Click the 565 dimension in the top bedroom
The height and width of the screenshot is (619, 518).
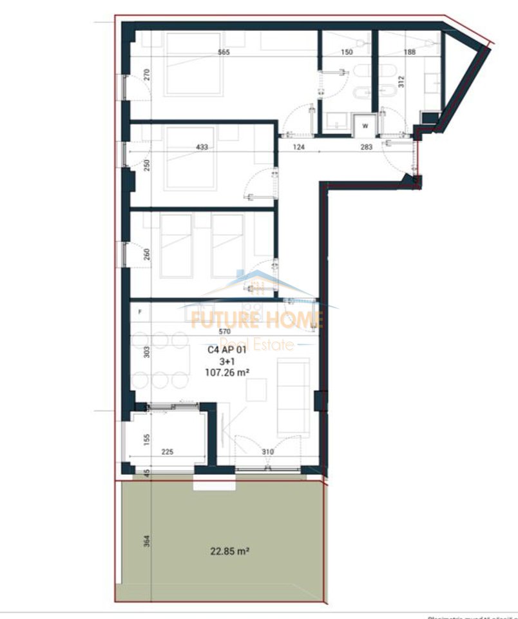point(224,52)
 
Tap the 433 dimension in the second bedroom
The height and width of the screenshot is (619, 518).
point(202,147)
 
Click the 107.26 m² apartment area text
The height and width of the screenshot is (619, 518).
point(227,372)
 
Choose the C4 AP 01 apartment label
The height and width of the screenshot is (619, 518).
point(227,350)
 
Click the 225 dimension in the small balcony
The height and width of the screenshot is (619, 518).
point(167,452)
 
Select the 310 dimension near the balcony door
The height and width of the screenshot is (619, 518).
point(268,452)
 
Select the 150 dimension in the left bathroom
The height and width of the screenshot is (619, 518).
point(347,52)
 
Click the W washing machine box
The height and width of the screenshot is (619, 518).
point(365,125)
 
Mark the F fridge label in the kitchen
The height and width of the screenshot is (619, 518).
point(140,311)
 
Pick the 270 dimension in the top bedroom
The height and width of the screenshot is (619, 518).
point(146,74)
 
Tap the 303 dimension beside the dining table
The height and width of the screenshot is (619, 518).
point(146,352)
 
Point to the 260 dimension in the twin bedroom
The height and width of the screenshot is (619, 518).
point(146,253)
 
